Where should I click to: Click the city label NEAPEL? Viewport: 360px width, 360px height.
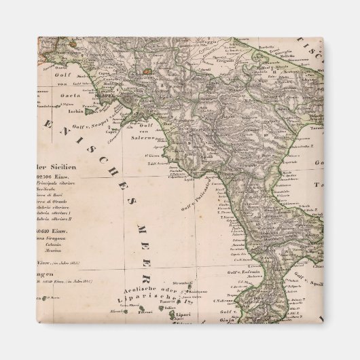pos(109,96)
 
